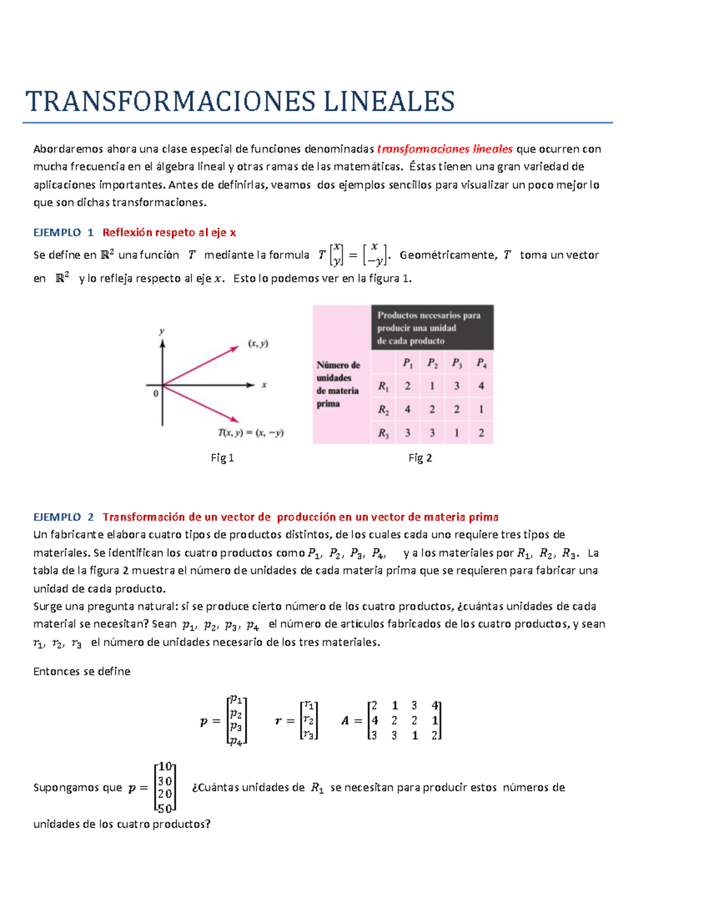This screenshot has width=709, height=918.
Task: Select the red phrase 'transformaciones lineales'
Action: (444, 149)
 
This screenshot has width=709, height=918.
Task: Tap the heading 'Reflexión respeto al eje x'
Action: (169, 232)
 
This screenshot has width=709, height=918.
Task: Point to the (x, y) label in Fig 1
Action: (258, 343)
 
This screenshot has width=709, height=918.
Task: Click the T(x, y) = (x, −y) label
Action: (251, 433)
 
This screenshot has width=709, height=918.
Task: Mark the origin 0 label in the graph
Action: (156, 393)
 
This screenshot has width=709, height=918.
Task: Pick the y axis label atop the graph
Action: (161, 332)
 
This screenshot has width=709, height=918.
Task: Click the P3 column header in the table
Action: (457, 363)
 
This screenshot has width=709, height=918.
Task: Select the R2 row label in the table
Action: (383, 410)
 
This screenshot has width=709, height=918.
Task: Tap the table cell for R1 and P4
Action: (481, 386)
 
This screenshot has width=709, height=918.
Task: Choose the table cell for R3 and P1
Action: (408, 433)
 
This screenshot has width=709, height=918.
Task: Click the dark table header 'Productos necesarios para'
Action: (429, 316)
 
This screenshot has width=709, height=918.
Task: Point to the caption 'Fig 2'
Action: (420, 458)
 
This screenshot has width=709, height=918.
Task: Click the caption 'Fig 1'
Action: (222, 458)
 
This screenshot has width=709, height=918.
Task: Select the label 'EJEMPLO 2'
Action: (63, 517)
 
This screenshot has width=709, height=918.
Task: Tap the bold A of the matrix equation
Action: (345, 721)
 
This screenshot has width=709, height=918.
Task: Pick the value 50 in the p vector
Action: (165, 808)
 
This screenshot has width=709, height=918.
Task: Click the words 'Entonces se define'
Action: (82, 672)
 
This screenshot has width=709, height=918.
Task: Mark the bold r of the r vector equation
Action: (278, 721)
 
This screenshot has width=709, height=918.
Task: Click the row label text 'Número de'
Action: (338, 365)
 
